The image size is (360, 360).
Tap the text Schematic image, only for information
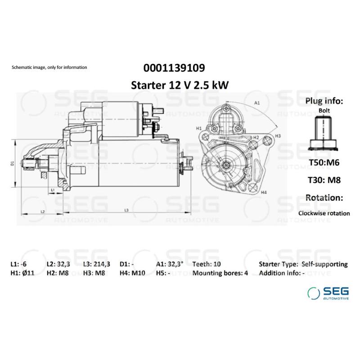[x=49, y=67]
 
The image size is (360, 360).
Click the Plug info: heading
[x=324, y=100]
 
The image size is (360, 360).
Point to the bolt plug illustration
[x=324, y=131]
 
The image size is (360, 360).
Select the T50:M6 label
[x=324, y=162]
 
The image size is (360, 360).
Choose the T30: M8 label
[x=324, y=180]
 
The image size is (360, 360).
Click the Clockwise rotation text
[x=324, y=213]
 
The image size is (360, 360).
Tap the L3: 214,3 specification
[x=96, y=264]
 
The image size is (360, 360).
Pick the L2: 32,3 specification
[x=58, y=264]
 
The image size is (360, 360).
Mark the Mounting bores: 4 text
[x=220, y=273]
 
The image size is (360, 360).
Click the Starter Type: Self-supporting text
[x=303, y=264]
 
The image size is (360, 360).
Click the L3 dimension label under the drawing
[x=126, y=210]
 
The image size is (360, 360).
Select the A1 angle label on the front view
[x=257, y=103]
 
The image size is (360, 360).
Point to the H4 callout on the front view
[x=264, y=192]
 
